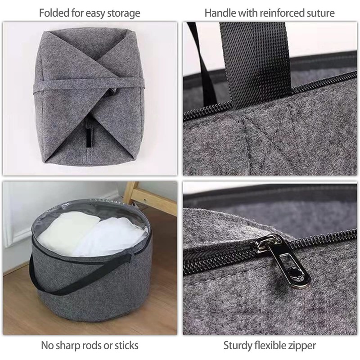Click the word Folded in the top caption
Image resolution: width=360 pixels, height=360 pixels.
(53, 13)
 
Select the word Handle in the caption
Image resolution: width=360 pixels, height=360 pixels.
(219, 13)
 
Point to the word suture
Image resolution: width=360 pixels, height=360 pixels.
(319, 13)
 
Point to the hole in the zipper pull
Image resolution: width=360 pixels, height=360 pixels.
(295, 274)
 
